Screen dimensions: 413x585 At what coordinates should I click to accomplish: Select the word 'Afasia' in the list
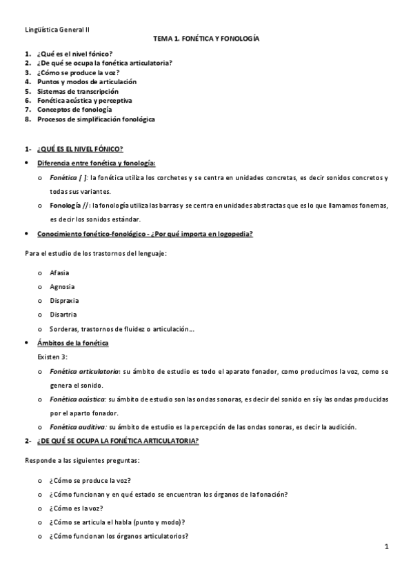pos(60,272)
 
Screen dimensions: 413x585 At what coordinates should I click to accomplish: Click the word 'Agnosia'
pos(62,286)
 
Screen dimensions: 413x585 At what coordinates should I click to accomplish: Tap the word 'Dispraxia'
pos(64,301)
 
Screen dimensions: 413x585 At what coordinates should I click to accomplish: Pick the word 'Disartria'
pos(63,315)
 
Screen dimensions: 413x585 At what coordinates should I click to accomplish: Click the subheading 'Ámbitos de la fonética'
pos(73,343)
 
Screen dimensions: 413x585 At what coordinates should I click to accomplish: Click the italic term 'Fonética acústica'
pos(77,399)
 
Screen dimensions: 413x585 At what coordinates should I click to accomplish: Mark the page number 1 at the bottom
pos(387,547)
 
